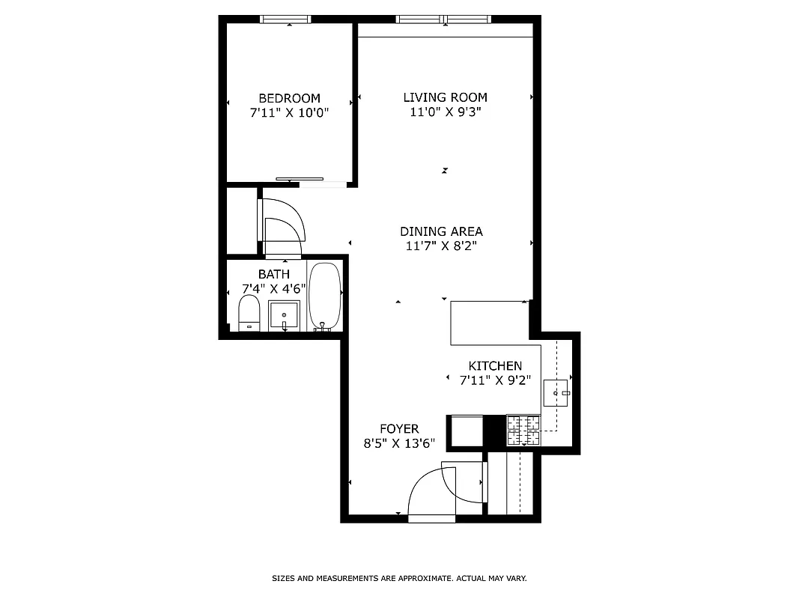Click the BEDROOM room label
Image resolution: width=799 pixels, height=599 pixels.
pyautogui.click(x=289, y=98)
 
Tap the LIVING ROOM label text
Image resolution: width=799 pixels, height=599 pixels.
pyautogui.click(x=445, y=97)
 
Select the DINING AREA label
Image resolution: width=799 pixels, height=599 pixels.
pyautogui.click(x=441, y=231)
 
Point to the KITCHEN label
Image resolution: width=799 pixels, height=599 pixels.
pyautogui.click(x=495, y=365)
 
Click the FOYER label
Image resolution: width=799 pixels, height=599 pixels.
pyautogui.click(x=399, y=428)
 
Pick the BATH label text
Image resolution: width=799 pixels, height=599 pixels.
pyautogui.click(x=273, y=274)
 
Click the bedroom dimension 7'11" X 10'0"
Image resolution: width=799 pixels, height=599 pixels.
pyautogui.click(x=289, y=113)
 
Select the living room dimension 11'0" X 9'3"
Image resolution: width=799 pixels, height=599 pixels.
pyautogui.click(x=445, y=112)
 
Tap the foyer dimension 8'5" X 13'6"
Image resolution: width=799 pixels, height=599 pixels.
pyautogui.click(x=399, y=443)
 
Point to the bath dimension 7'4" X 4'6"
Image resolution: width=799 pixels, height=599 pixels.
pyautogui.click(x=273, y=288)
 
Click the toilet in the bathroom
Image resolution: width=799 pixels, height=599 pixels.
pyautogui.click(x=249, y=313)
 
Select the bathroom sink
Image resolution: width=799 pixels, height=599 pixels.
pyautogui.click(x=284, y=315)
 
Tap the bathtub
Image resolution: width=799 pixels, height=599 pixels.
pyautogui.click(x=325, y=297)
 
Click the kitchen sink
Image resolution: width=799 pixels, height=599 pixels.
pyautogui.click(x=556, y=392)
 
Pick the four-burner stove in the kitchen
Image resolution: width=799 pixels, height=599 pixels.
pyautogui.click(x=524, y=431)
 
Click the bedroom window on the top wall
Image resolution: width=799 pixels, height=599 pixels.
pyautogui.click(x=285, y=19)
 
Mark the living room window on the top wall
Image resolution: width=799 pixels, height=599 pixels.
pyautogui.click(x=445, y=19)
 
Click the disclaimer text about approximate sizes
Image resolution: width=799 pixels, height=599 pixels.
pyautogui.click(x=399, y=579)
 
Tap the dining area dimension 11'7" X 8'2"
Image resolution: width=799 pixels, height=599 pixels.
pyautogui.click(x=441, y=246)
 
